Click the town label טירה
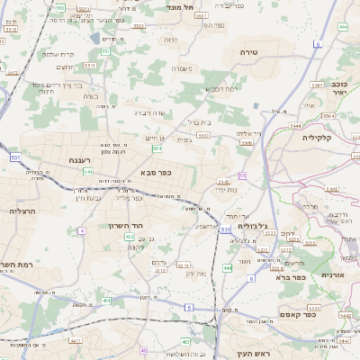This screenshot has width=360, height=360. (x=249, y=53)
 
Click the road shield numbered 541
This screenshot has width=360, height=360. (x=87, y=171)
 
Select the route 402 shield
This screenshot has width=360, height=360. (x=130, y=237)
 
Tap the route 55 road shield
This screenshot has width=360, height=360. (x=242, y=175)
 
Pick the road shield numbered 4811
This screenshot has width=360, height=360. (x=75, y=341)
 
